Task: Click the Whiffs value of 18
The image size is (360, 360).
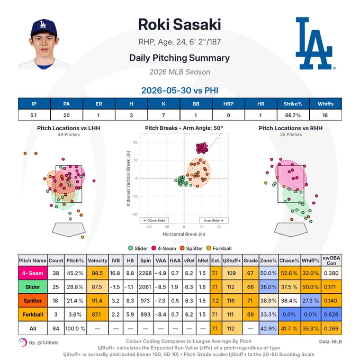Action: pos(325,115)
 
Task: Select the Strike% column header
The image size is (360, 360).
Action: pos(293,104)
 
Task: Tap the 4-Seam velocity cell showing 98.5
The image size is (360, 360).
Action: pos(97,273)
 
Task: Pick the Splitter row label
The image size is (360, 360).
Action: pos(33,301)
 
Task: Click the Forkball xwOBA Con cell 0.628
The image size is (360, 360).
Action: pos(331,314)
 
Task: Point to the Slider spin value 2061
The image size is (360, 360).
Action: pos(145,287)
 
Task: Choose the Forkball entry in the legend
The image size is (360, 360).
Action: pos(219,248)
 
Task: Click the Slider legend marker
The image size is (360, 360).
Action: pos(130,248)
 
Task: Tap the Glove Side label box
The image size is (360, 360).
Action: pos(154,220)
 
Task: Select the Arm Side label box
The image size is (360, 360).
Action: pos(214,220)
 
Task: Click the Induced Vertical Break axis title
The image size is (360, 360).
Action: pos(128,178)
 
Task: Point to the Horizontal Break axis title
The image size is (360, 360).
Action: pos(184,234)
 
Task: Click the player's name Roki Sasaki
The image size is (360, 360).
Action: pos(179,24)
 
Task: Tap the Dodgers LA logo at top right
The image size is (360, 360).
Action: pos(314,43)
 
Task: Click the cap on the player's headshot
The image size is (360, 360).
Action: pos(43,27)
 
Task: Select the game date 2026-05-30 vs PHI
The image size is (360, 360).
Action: pos(179,91)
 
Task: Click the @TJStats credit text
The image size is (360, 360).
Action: pos(43,343)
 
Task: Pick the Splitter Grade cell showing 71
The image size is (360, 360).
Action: pos(250,301)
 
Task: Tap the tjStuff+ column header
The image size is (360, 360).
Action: pos(232,260)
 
